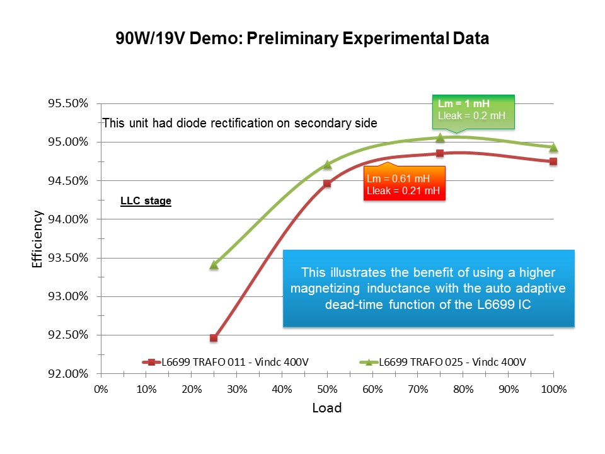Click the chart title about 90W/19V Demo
tap(302, 38)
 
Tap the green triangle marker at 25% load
tap(214, 265)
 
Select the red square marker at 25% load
tap(214, 338)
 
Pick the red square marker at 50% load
tap(327, 183)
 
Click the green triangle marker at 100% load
tap(553, 148)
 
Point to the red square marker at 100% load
tap(553, 161)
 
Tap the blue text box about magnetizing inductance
tap(429, 288)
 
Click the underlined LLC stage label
tap(146, 202)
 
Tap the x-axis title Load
tap(327, 408)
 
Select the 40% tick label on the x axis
tap(282, 389)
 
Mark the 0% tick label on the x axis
tap(101, 389)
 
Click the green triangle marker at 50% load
tap(327, 165)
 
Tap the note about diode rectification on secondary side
tap(239, 124)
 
